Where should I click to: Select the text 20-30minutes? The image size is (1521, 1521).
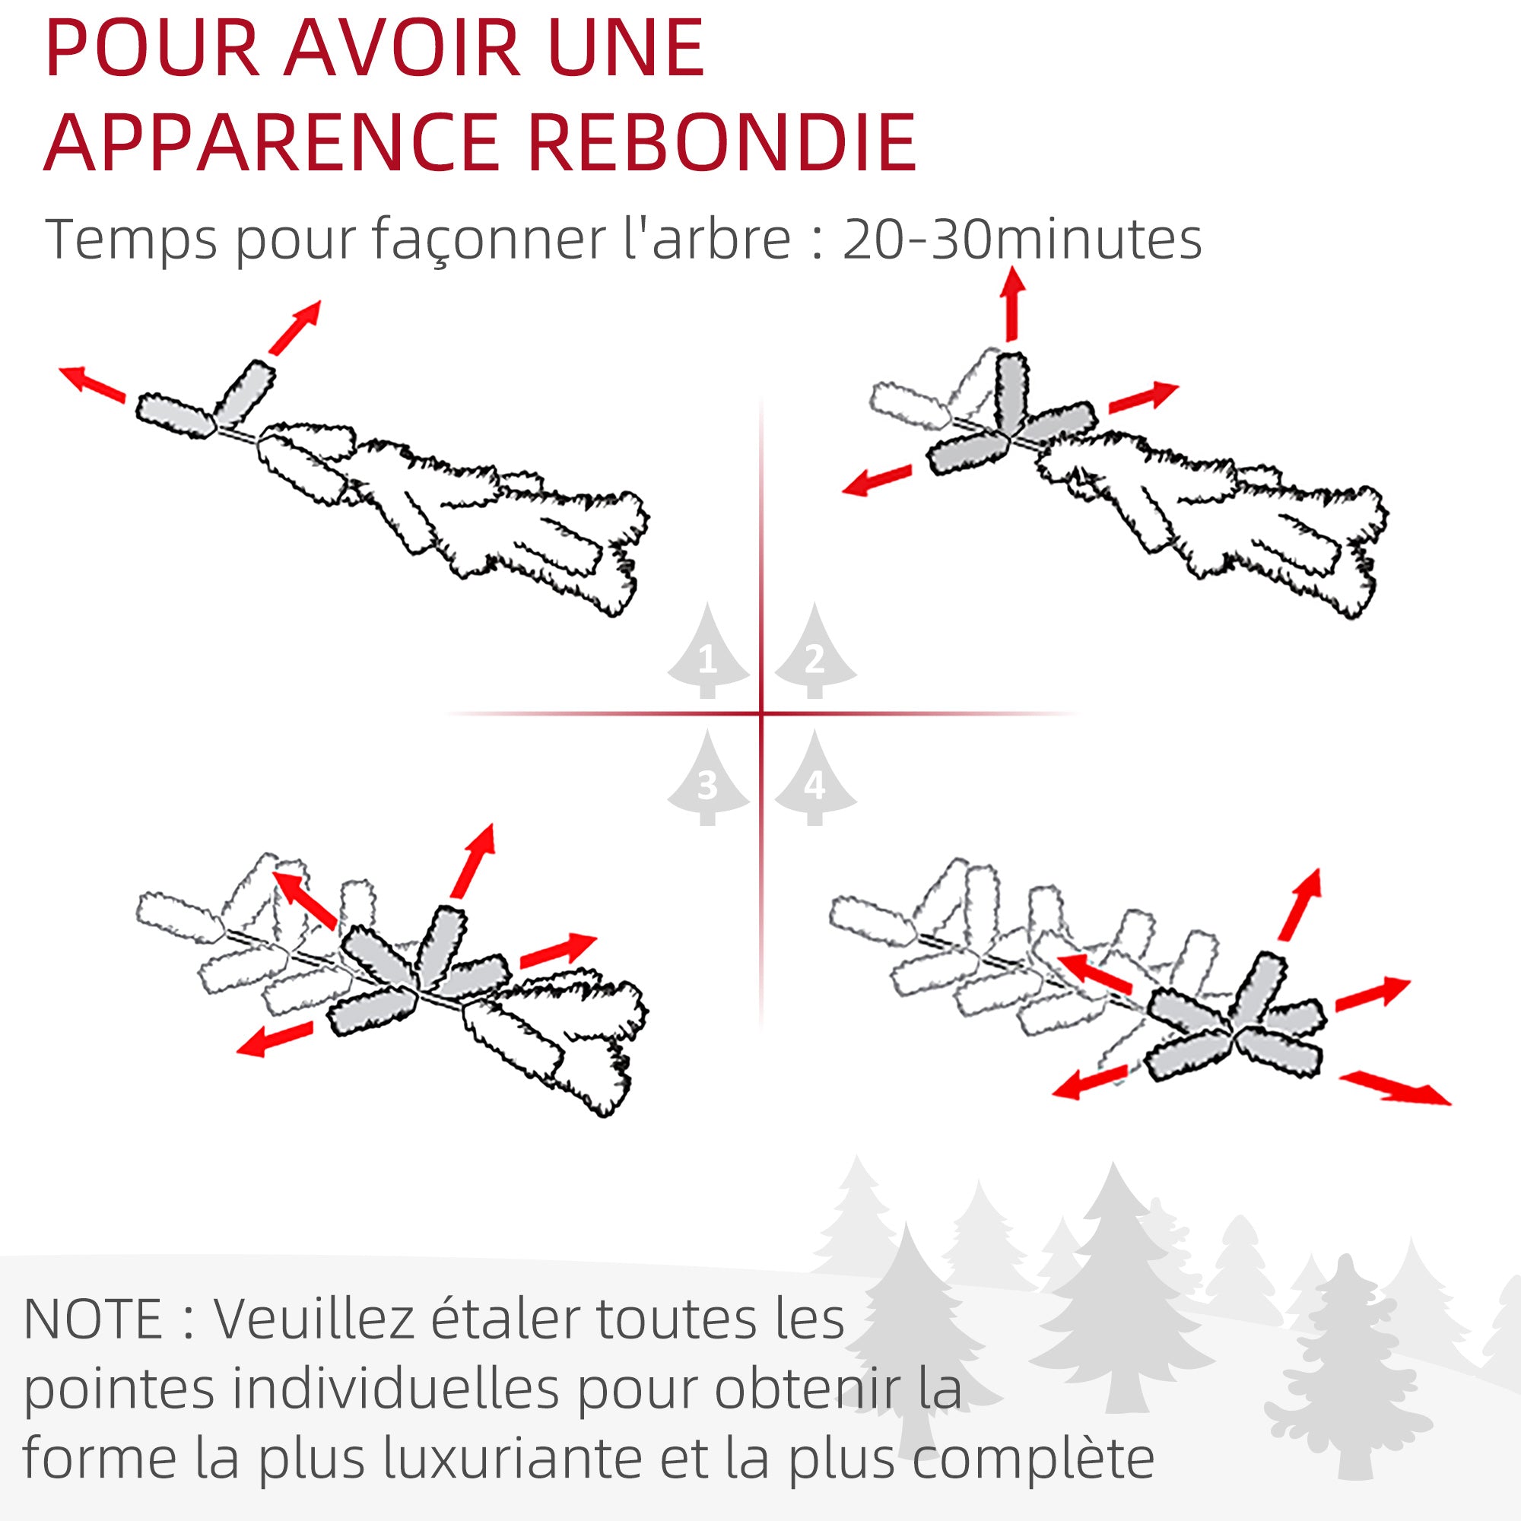point(1022,240)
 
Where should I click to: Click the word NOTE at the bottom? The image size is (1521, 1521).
point(93,1319)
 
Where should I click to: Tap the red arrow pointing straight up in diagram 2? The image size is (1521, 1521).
point(1012,304)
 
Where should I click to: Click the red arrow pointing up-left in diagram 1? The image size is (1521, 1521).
point(93,385)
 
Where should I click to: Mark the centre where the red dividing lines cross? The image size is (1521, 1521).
point(761,714)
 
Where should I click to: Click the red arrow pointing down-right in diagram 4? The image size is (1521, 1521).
point(1395,1089)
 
